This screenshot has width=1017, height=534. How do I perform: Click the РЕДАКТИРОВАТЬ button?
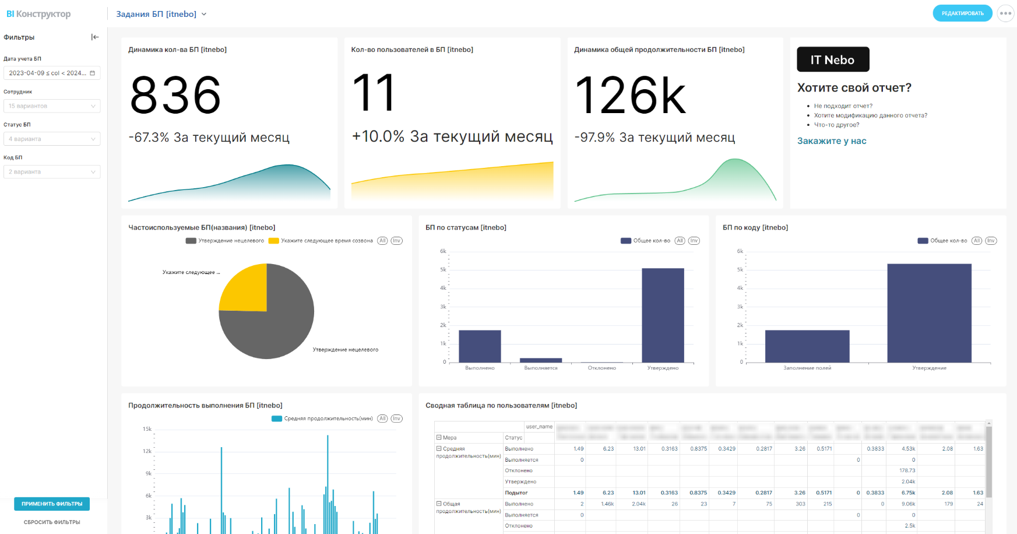point(962,13)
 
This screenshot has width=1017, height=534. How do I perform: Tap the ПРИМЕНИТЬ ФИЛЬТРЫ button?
point(52,504)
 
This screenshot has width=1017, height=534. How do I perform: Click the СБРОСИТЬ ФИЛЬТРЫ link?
point(52,522)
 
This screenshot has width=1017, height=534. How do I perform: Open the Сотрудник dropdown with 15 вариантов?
point(52,106)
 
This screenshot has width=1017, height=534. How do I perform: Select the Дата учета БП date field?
point(52,73)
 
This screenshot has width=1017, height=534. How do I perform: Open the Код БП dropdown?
point(52,172)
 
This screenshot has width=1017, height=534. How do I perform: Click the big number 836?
point(175,95)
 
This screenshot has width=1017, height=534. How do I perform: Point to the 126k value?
point(631,96)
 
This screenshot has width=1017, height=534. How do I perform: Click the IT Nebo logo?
point(833,59)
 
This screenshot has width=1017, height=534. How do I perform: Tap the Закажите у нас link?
point(832,141)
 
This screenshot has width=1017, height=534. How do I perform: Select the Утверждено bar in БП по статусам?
point(663,315)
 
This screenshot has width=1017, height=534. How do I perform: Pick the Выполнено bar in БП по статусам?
point(480,346)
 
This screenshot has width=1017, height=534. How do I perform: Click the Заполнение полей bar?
point(807,346)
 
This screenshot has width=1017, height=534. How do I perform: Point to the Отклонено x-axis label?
point(601,368)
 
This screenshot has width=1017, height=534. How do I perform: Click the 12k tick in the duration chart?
point(147,451)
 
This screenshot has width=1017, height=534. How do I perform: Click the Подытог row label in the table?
point(516,493)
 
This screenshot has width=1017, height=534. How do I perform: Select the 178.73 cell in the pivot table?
point(907,470)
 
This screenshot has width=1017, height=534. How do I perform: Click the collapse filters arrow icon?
point(95,37)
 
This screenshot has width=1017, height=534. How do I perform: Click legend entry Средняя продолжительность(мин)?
point(323,419)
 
